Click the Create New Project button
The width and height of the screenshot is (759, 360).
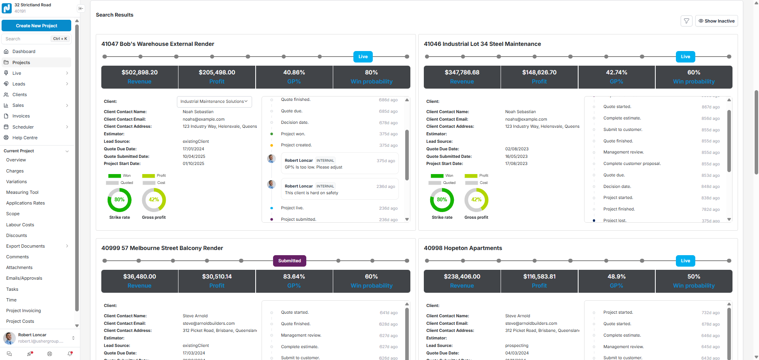pyautogui.click(x=36, y=26)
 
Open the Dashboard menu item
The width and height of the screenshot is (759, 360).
pyautogui.click(x=24, y=51)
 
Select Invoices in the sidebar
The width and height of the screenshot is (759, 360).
pyautogui.click(x=21, y=116)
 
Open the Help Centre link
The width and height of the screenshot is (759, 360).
pyautogui.click(x=25, y=138)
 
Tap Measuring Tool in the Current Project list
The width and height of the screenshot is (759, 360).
pyautogui.click(x=22, y=192)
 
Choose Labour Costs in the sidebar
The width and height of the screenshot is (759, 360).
pyautogui.click(x=20, y=225)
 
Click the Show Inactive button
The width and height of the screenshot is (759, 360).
pyautogui.click(x=716, y=21)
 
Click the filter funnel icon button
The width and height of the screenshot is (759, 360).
pyautogui.click(x=687, y=21)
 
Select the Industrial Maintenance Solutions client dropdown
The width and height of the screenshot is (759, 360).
pyautogui.click(x=214, y=102)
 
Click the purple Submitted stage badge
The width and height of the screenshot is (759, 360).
pyautogui.click(x=289, y=261)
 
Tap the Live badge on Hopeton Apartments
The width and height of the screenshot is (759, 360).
pyautogui.click(x=685, y=261)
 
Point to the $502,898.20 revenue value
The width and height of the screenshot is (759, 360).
pyautogui.click(x=139, y=72)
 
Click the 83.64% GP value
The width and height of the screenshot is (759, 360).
pyautogui.click(x=294, y=277)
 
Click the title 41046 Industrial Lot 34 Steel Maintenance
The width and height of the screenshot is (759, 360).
pyautogui.click(x=482, y=44)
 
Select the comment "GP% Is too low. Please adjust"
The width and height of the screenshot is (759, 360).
pyautogui.click(x=313, y=167)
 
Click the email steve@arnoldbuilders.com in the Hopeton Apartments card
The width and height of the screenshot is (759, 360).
pyautogui.click(x=531, y=323)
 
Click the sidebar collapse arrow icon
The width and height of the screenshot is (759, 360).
pyautogui.click(x=81, y=8)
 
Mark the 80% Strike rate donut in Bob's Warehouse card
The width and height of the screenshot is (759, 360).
pyautogui.click(x=120, y=200)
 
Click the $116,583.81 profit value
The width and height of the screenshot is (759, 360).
pyautogui.click(x=539, y=277)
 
